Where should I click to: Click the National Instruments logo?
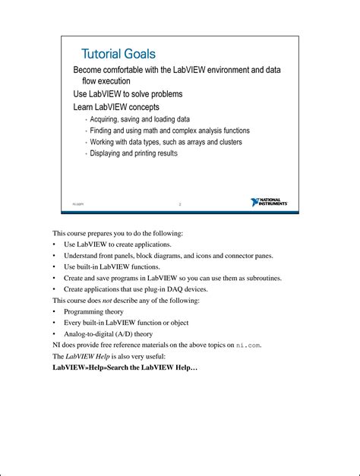(269, 203)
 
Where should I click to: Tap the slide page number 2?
(180, 204)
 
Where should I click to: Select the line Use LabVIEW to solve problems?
(128, 94)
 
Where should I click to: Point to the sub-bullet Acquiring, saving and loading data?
(140, 119)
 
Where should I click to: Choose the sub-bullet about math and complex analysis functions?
(169, 131)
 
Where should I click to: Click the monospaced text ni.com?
(248, 345)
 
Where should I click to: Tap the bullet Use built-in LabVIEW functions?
(112, 266)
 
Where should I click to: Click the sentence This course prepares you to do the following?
(118, 233)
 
